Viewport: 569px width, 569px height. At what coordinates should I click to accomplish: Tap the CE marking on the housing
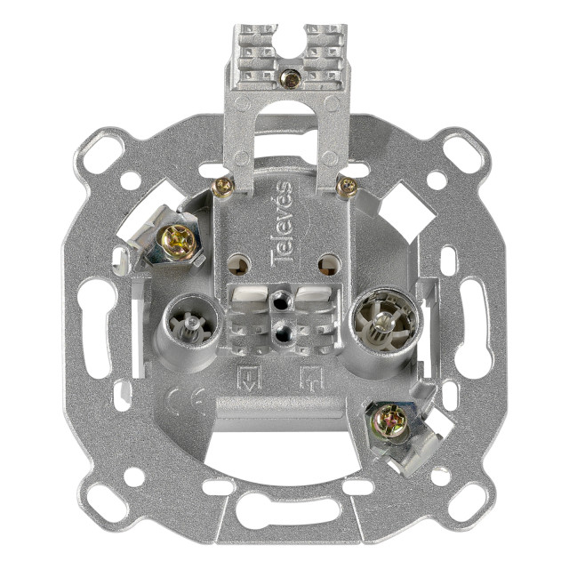click(186, 402)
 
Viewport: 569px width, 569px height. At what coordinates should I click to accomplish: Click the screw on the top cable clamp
click(290, 79)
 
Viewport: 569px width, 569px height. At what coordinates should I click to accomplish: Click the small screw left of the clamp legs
click(223, 188)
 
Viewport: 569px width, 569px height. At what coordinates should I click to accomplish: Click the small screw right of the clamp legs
click(347, 188)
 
